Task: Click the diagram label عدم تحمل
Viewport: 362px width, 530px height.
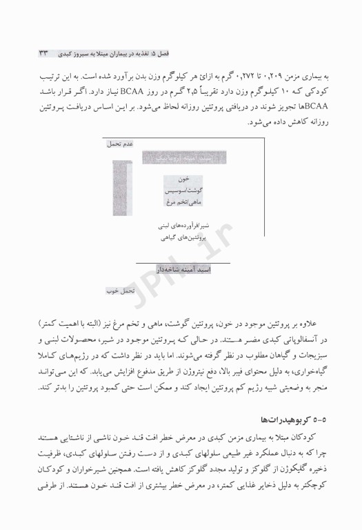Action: pos(119,144)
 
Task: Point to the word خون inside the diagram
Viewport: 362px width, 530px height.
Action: pos(183,179)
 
